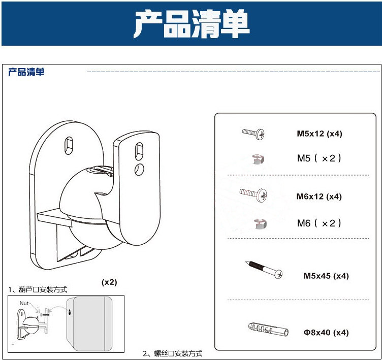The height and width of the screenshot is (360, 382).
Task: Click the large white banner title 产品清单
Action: (x=192, y=23)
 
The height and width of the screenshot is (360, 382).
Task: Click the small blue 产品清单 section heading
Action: (x=26, y=72)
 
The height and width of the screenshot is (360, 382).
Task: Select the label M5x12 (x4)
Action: (x=320, y=134)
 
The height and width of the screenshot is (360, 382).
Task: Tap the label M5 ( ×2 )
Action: (x=320, y=158)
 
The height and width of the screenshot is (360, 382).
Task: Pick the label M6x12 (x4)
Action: (x=320, y=197)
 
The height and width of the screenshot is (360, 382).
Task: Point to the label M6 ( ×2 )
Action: (x=320, y=223)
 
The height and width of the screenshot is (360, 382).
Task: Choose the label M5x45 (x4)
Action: (x=326, y=276)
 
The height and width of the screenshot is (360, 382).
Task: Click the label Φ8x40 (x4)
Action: (x=326, y=333)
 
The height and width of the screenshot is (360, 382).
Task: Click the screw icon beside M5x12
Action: (x=253, y=134)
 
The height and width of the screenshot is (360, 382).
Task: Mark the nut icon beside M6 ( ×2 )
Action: (x=260, y=223)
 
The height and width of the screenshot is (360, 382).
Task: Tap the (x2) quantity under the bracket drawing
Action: (x=109, y=282)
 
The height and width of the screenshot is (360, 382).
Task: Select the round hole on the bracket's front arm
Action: (x=138, y=169)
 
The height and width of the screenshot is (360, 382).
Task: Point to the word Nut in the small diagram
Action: (x=25, y=303)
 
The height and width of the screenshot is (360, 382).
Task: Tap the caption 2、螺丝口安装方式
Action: (x=172, y=353)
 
